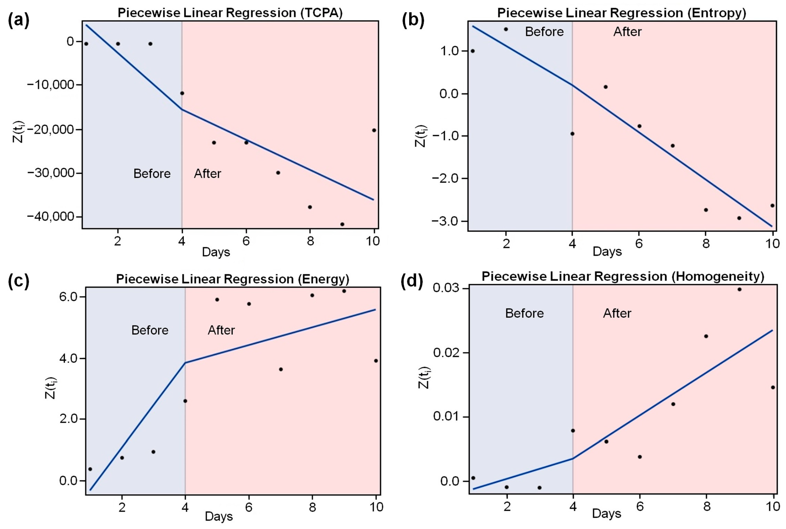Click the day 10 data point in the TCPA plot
[374, 130]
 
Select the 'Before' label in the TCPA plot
[152, 174]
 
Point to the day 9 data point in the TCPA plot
[342, 224]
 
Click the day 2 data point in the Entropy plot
[506, 29]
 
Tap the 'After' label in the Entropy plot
[627, 32]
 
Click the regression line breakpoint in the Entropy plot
[572, 85]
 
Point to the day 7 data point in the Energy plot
[281, 369]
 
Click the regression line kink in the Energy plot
[185, 363]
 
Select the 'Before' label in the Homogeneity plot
[524, 313]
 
